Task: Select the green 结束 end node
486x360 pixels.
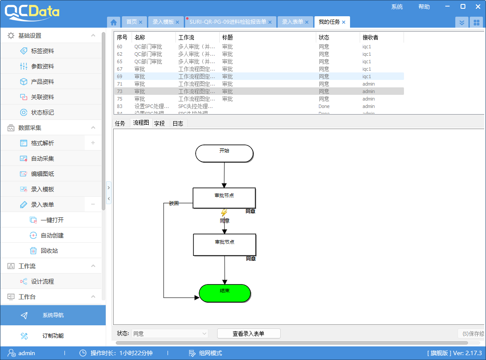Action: (225, 293)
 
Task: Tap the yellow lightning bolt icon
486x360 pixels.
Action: (224, 213)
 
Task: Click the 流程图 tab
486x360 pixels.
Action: (141, 123)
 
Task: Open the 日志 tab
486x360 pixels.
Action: (178, 123)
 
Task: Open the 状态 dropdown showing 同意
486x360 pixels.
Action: (169, 334)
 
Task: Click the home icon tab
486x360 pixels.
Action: (114, 22)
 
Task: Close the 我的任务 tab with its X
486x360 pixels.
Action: (344, 22)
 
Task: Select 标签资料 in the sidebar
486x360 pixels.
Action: (43, 51)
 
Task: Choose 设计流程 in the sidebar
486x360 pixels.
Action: (43, 281)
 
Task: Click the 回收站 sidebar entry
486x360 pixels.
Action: (49, 251)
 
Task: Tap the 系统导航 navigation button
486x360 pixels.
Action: (53, 315)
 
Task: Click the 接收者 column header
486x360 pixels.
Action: (370, 37)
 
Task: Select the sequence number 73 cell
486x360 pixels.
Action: (120, 91)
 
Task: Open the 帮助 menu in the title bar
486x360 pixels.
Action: (424, 7)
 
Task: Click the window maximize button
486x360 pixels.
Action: (463, 7)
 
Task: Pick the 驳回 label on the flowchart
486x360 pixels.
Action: (174, 203)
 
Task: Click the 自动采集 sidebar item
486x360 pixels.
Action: (43, 158)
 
